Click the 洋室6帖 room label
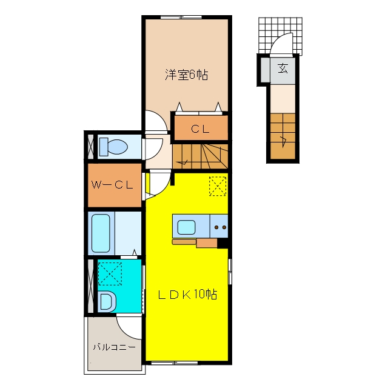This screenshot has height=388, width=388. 186,75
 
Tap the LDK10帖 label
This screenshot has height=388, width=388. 187,295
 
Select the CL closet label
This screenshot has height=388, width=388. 200,129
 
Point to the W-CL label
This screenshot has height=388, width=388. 112,185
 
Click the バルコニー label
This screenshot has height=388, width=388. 115,347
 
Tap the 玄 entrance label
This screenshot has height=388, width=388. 283,69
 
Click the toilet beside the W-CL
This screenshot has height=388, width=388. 113,147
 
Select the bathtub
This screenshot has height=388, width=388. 101,233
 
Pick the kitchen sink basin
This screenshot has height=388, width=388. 186,227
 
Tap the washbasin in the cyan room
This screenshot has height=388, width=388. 107,301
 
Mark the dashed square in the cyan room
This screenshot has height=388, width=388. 110,273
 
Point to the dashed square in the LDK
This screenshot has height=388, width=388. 218,186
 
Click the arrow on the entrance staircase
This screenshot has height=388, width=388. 284,141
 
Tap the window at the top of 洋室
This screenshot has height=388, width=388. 181,18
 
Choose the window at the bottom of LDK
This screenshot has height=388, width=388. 175,363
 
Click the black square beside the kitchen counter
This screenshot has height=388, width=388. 222,243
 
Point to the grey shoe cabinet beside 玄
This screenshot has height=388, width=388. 266,70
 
